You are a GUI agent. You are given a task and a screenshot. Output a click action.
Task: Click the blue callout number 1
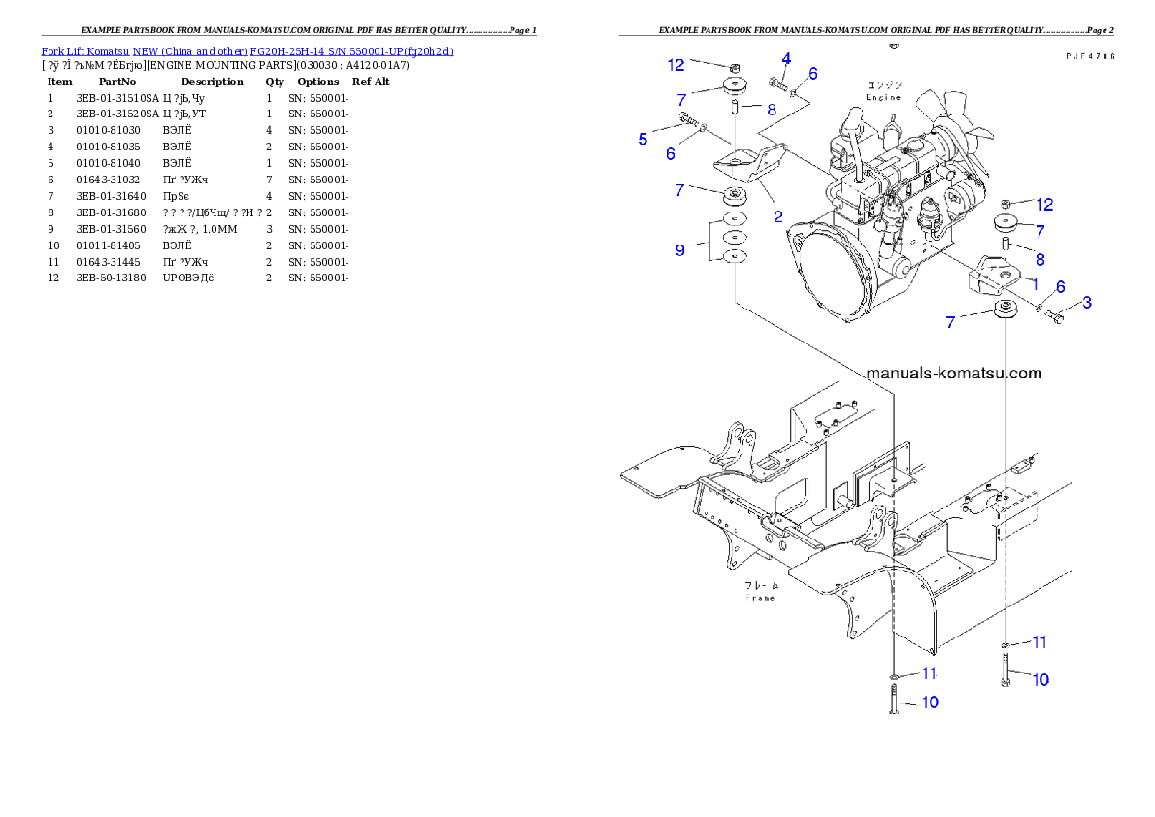(x=1035, y=283)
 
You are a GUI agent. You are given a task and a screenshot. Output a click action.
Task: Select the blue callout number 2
(x=777, y=216)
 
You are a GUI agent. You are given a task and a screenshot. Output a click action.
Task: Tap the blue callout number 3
(x=1087, y=303)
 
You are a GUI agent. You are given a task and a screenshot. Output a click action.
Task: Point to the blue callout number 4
(x=786, y=58)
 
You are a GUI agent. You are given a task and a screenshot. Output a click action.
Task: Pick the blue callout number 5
(x=643, y=140)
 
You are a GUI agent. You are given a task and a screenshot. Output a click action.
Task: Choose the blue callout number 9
(x=679, y=250)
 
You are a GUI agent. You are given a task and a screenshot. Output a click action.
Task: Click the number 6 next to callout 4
(x=812, y=74)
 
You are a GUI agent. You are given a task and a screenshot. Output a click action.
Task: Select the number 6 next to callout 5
(x=670, y=154)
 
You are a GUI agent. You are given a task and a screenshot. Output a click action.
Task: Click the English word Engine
(x=883, y=97)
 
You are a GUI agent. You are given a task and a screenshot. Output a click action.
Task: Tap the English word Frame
(x=760, y=598)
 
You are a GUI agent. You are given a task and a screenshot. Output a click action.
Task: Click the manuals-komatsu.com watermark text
(x=953, y=373)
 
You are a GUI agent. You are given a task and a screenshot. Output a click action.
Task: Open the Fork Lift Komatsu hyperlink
(x=247, y=50)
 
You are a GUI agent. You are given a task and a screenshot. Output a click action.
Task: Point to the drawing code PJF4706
(x=1089, y=56)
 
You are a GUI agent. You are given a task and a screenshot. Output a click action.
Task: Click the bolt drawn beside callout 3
(x=1057, y=316)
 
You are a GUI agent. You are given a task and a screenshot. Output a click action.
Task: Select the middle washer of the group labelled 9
(x=735, y=238)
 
